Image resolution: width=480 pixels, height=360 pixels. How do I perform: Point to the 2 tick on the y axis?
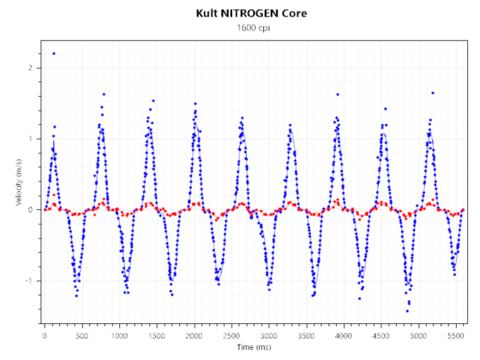tap(31, 68)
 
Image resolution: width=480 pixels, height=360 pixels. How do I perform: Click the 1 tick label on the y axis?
tap(31, 139)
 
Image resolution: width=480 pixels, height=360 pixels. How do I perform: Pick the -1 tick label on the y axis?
tap(29, 281)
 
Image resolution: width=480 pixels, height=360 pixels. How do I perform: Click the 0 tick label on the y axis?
tap(31, 210)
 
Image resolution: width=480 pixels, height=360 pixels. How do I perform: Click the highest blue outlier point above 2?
tap(53, 53)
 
